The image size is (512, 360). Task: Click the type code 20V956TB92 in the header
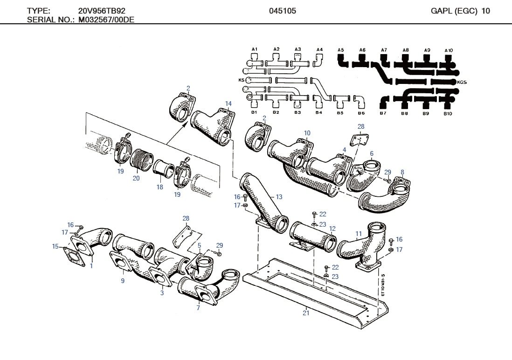(102, 11)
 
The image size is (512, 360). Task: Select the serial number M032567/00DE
(106, 20)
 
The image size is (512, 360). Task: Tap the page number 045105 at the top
(283, 11)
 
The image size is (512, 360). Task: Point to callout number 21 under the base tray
(306, 313)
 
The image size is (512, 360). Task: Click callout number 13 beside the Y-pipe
(279, 197)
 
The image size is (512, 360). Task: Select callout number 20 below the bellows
(136, 178)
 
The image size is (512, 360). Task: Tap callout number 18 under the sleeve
(160, 187)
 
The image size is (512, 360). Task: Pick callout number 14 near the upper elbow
(228, 104)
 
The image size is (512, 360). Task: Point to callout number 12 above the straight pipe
(332, 228)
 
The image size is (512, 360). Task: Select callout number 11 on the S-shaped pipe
(359, 234)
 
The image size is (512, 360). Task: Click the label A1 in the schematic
(255, 49)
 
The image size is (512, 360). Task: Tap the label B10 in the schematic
(448, 113)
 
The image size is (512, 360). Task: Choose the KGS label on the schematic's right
(463, 82)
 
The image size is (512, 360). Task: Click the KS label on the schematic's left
(241, 80)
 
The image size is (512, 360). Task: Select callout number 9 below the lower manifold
(123, 281)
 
